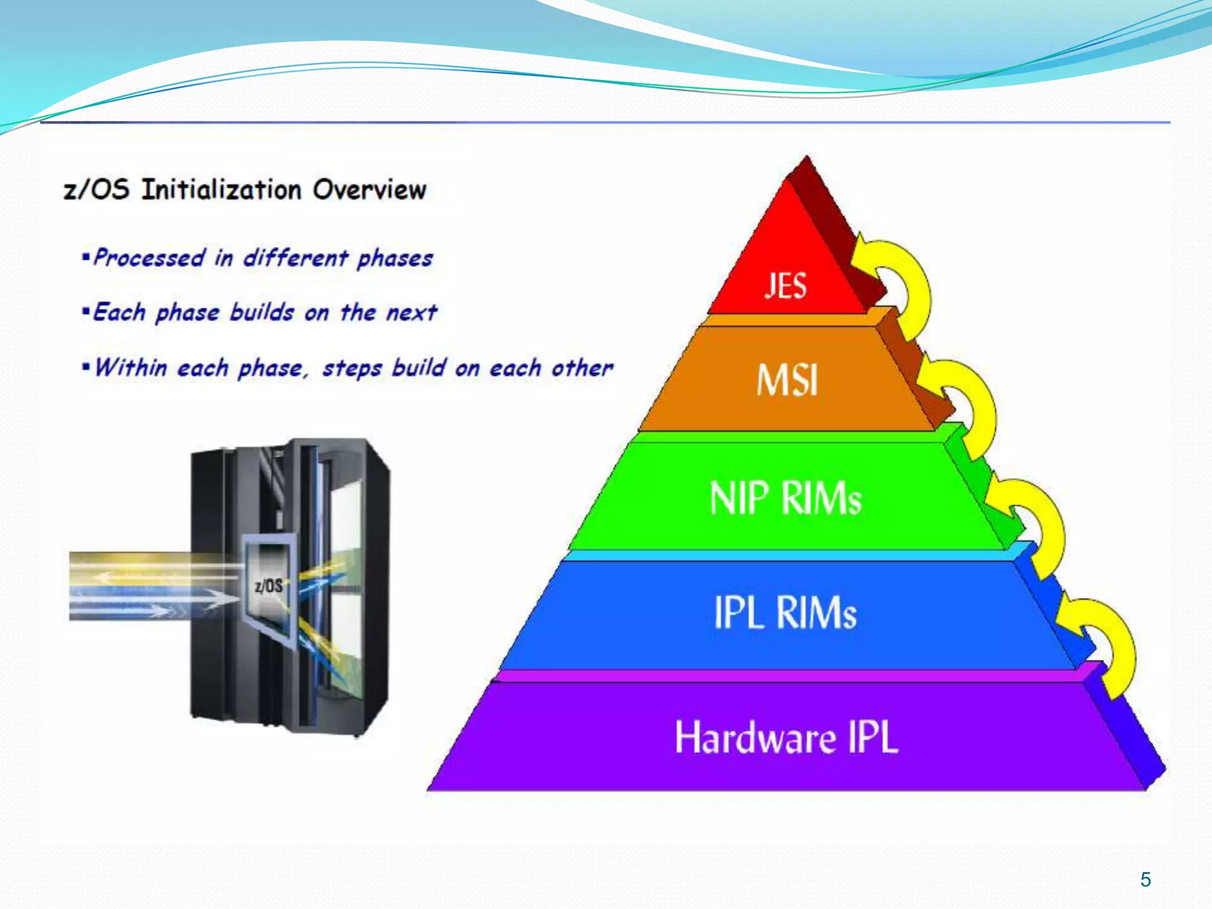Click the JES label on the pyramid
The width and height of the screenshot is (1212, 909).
point(785,286)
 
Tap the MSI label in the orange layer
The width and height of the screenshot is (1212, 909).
point(787,380)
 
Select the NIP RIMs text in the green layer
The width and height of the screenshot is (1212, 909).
point(785,498)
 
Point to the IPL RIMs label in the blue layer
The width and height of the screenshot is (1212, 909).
point(785,612)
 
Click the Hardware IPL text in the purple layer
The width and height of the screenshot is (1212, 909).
point(786,737)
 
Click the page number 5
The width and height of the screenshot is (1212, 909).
point(1146,879)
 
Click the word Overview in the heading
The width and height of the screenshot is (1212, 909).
point(369,190)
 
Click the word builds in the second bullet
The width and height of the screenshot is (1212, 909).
point(262,312)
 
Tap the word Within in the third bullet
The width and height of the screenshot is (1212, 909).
point(130,368)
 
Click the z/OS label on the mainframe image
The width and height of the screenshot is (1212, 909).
point(268,586)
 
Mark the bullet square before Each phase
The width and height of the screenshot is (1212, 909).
point(86,311)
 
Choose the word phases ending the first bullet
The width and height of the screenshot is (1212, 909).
point(395,259)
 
